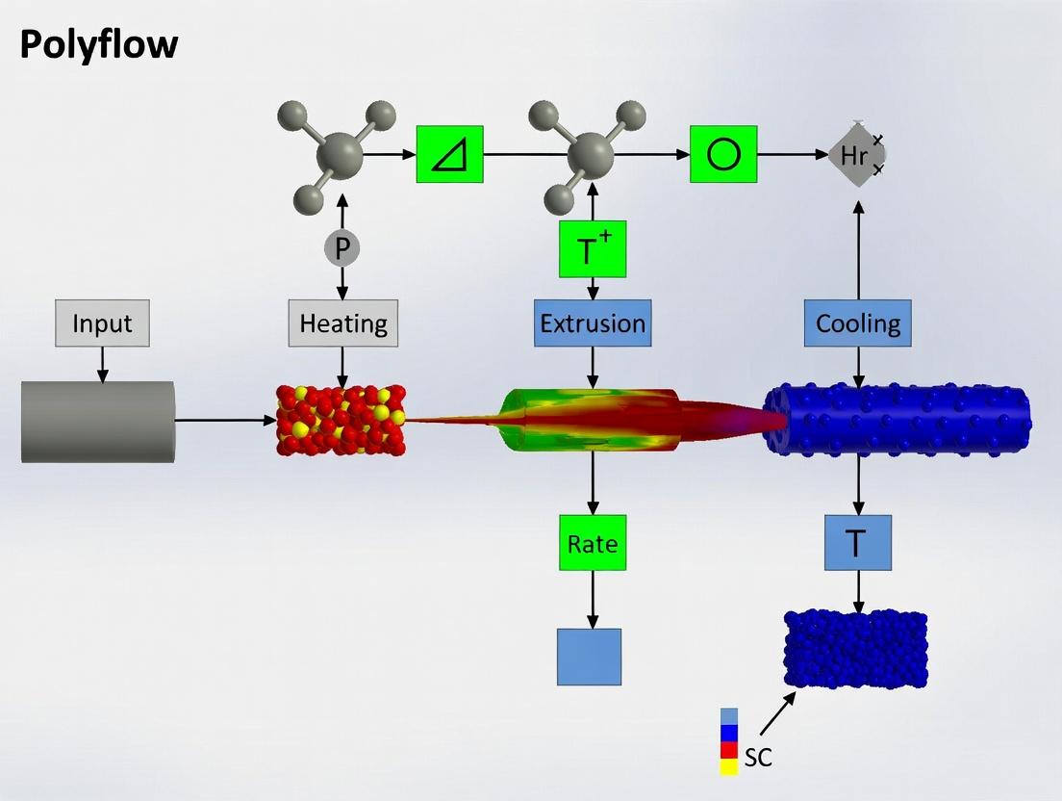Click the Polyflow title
99,44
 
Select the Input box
102,323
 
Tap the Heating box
343,323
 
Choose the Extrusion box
593,323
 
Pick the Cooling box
858,323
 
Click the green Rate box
593,543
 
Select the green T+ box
593,249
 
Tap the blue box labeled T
858,543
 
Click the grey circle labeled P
341,249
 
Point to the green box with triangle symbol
449,154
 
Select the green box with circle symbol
723,154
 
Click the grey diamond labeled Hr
855,154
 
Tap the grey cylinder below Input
98,421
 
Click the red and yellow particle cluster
341,420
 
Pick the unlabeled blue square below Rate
589,657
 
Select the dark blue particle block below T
856,649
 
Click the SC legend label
758,758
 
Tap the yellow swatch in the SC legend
729,766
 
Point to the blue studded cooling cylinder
897,421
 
